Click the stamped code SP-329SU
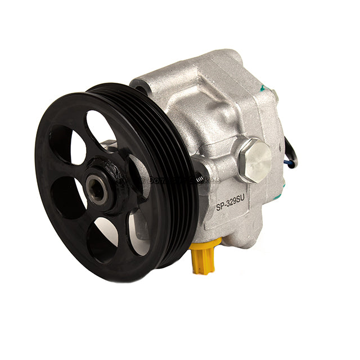[233, 206]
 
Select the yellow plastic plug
[203, 258]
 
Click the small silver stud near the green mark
[275, 97]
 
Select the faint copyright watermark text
[169, 180]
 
